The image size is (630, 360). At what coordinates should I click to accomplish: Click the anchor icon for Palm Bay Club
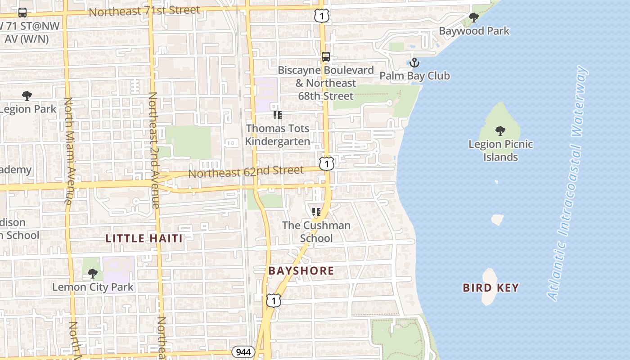tap(414, 63)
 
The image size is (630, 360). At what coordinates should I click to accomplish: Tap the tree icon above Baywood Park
tap(473, 18)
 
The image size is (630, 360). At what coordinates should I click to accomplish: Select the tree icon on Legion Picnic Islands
tap(500, 131)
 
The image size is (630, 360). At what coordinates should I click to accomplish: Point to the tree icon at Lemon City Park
tap(93, 274)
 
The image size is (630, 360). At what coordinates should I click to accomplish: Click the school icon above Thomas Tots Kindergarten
tap(278, 116)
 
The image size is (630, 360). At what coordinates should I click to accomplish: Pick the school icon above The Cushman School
tap(316, 212)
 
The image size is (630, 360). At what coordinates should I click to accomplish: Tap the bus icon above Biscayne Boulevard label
tap(326, 57)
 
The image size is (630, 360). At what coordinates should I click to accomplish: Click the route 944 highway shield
tap(243, 351)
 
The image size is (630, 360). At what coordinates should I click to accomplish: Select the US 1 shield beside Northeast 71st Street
tap(322, 16)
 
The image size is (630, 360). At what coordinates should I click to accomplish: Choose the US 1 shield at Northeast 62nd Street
tap(327, 163)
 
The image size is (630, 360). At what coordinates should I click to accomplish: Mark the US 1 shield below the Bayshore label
tap(273, 301)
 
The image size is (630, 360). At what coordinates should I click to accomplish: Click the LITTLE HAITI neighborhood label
tap(144, 238)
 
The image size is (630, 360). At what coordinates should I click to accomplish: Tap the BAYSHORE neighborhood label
tap(301, 271)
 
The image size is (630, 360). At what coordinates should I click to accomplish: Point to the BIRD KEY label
tap(490, 288)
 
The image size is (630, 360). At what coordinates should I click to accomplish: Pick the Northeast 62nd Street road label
tap(246, 171)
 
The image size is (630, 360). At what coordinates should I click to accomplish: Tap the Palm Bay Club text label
tap(414, 76)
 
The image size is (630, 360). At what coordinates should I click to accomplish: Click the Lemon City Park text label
tap(93, 287)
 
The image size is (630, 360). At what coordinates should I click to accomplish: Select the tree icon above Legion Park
tap(27, 96)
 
